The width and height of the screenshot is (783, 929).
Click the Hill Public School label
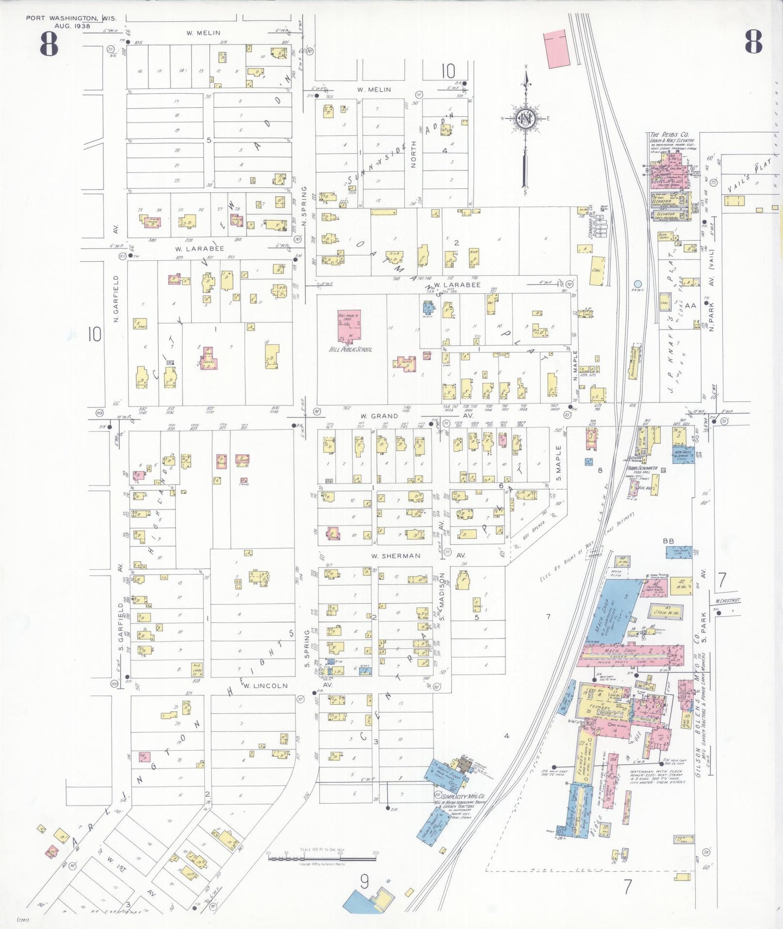[x=351, y=350]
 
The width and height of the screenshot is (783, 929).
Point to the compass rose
[x=525, y=119]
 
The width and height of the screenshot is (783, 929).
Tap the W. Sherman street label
[x=396, y=556]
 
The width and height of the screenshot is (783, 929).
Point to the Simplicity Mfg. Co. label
[x=460, y=797]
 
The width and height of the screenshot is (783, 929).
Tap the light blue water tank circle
[x=638, y=284]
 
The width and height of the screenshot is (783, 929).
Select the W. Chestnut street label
[x=727, y=601]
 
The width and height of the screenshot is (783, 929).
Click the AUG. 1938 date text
[x=71, y=25]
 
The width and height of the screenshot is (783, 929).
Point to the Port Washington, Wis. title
[x=71, y=18]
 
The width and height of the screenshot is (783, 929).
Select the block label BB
[x=668, y=540]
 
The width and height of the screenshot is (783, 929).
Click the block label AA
[x=690, y=306]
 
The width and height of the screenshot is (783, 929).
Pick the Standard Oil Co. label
[x=589, y=221]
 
